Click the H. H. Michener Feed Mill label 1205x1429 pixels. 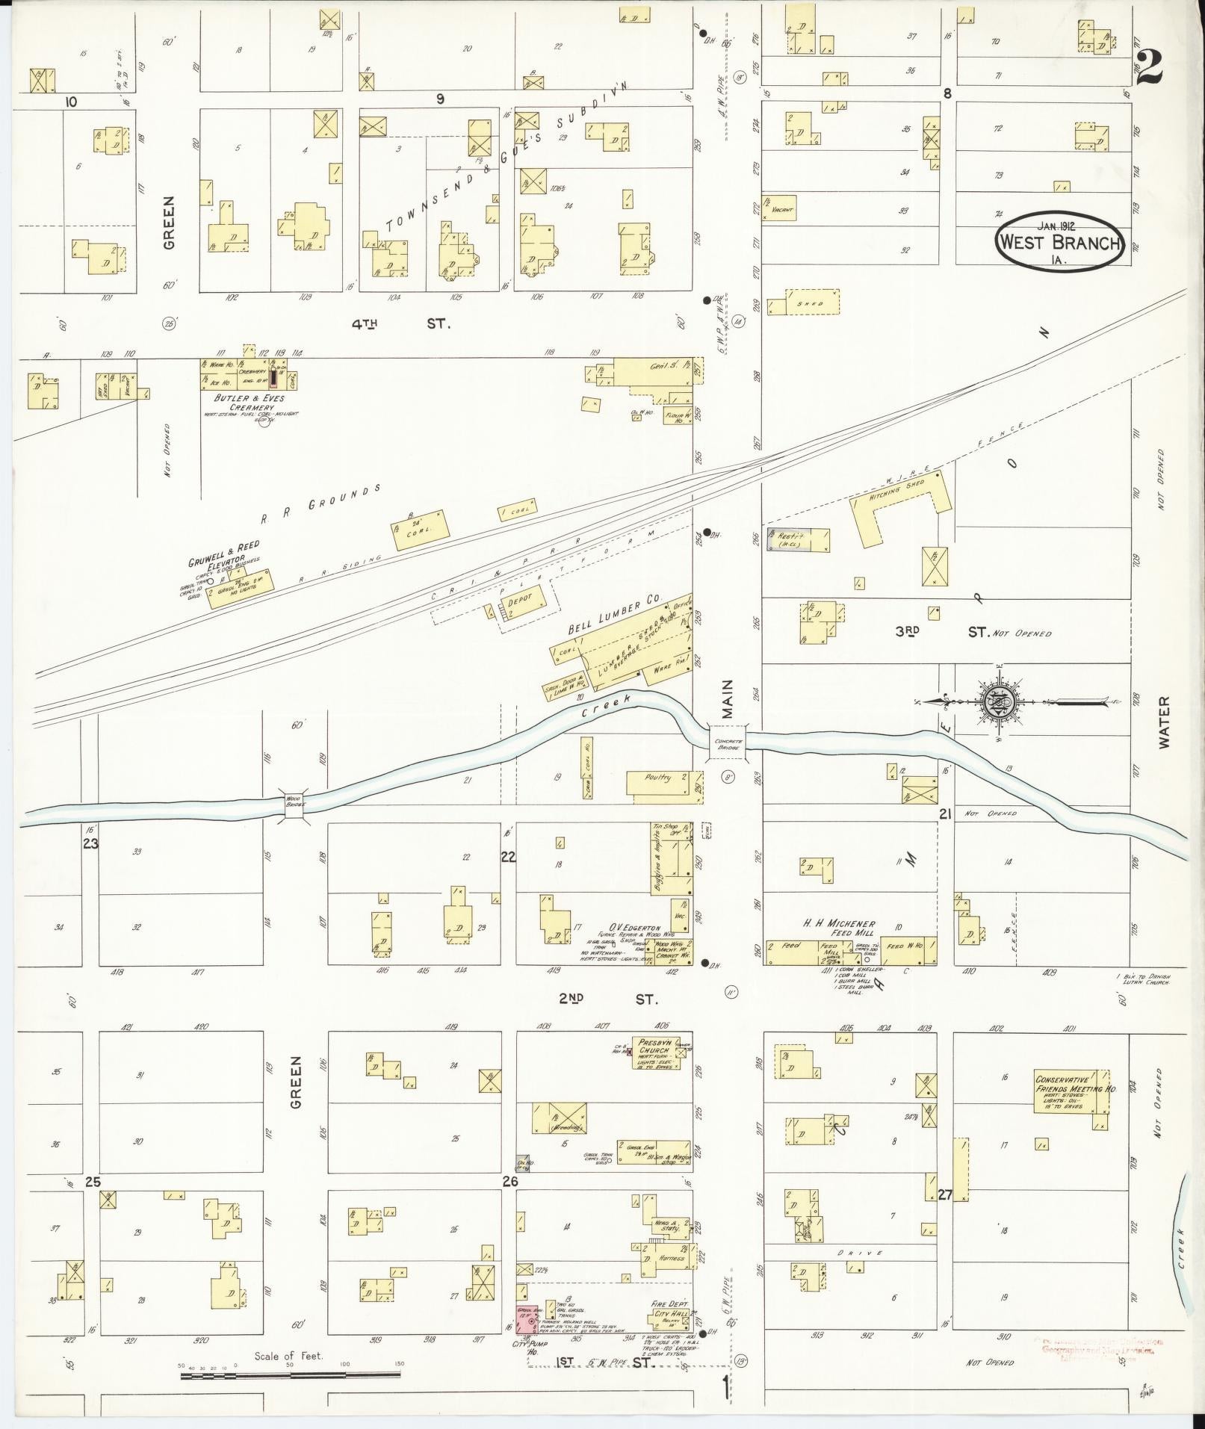pyautogui.click(x=839, y=929)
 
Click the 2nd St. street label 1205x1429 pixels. pyautogui.click(x=609, y=999)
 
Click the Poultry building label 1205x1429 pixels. pyautogui.click(x=658, y=778)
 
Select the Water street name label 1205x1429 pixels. pyautogui.click(x=1165, y=721)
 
